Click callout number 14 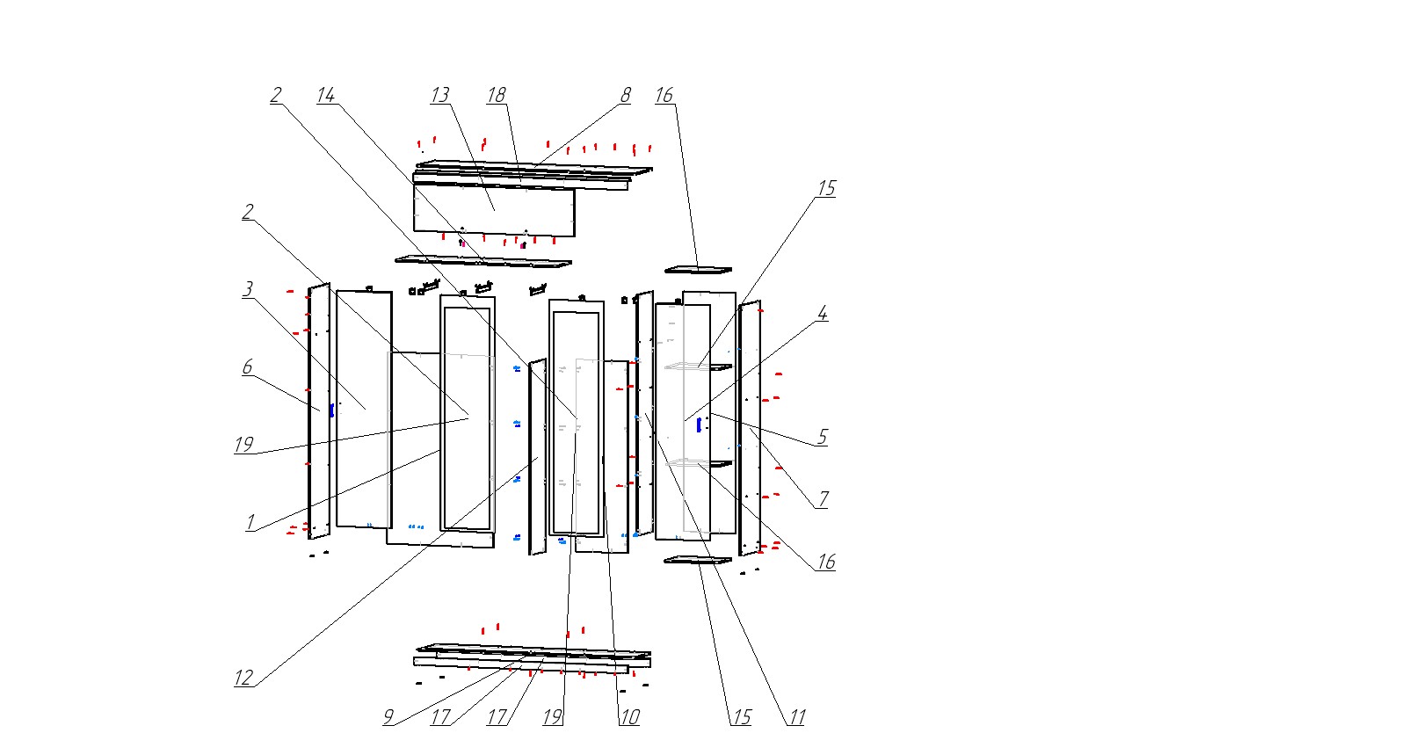click(326, 95)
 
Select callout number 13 click(439, 95)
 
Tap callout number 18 click(497, 95)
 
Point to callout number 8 click(626, 95)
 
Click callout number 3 click(249, 289)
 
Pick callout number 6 click(248, 367)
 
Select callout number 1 click(250, 523)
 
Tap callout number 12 click(243, 678)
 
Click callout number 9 click(388, 717)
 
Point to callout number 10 click(629, 717)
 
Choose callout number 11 click(796, 717)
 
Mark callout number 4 click(823, 314)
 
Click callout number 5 click(823, 437)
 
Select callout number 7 click(824, 499)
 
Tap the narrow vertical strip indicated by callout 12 click(536, 457)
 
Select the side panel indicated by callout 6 click(318, 410)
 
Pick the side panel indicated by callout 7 click(750, 426)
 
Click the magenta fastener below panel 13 click(523, 245)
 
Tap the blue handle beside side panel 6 click(331, 410)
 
